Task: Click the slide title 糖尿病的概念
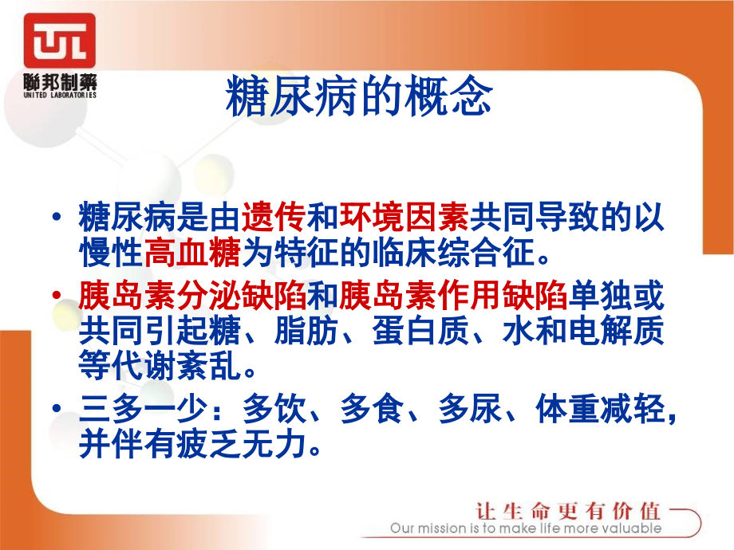[x=359, y=97]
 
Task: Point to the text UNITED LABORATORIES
[x=59, y=94]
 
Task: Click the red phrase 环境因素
[x=404, y=216]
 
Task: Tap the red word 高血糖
[x=192, y=255]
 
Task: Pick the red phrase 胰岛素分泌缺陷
[x=192, y=297]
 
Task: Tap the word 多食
[x=372, y=410]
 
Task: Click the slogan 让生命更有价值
[x=567, y=511]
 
